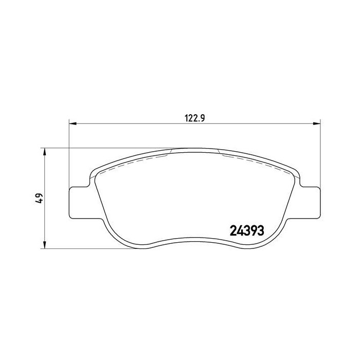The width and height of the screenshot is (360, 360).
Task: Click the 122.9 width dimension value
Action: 194,118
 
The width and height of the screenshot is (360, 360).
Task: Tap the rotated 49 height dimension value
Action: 39,198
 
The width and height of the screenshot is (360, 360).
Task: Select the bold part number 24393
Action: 247,230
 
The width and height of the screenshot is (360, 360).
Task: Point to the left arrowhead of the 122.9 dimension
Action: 73,124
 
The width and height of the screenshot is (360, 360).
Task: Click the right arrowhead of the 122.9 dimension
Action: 317,124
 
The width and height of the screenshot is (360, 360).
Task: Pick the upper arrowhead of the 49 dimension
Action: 45,152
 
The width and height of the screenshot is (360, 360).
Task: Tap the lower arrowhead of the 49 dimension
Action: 45,245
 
